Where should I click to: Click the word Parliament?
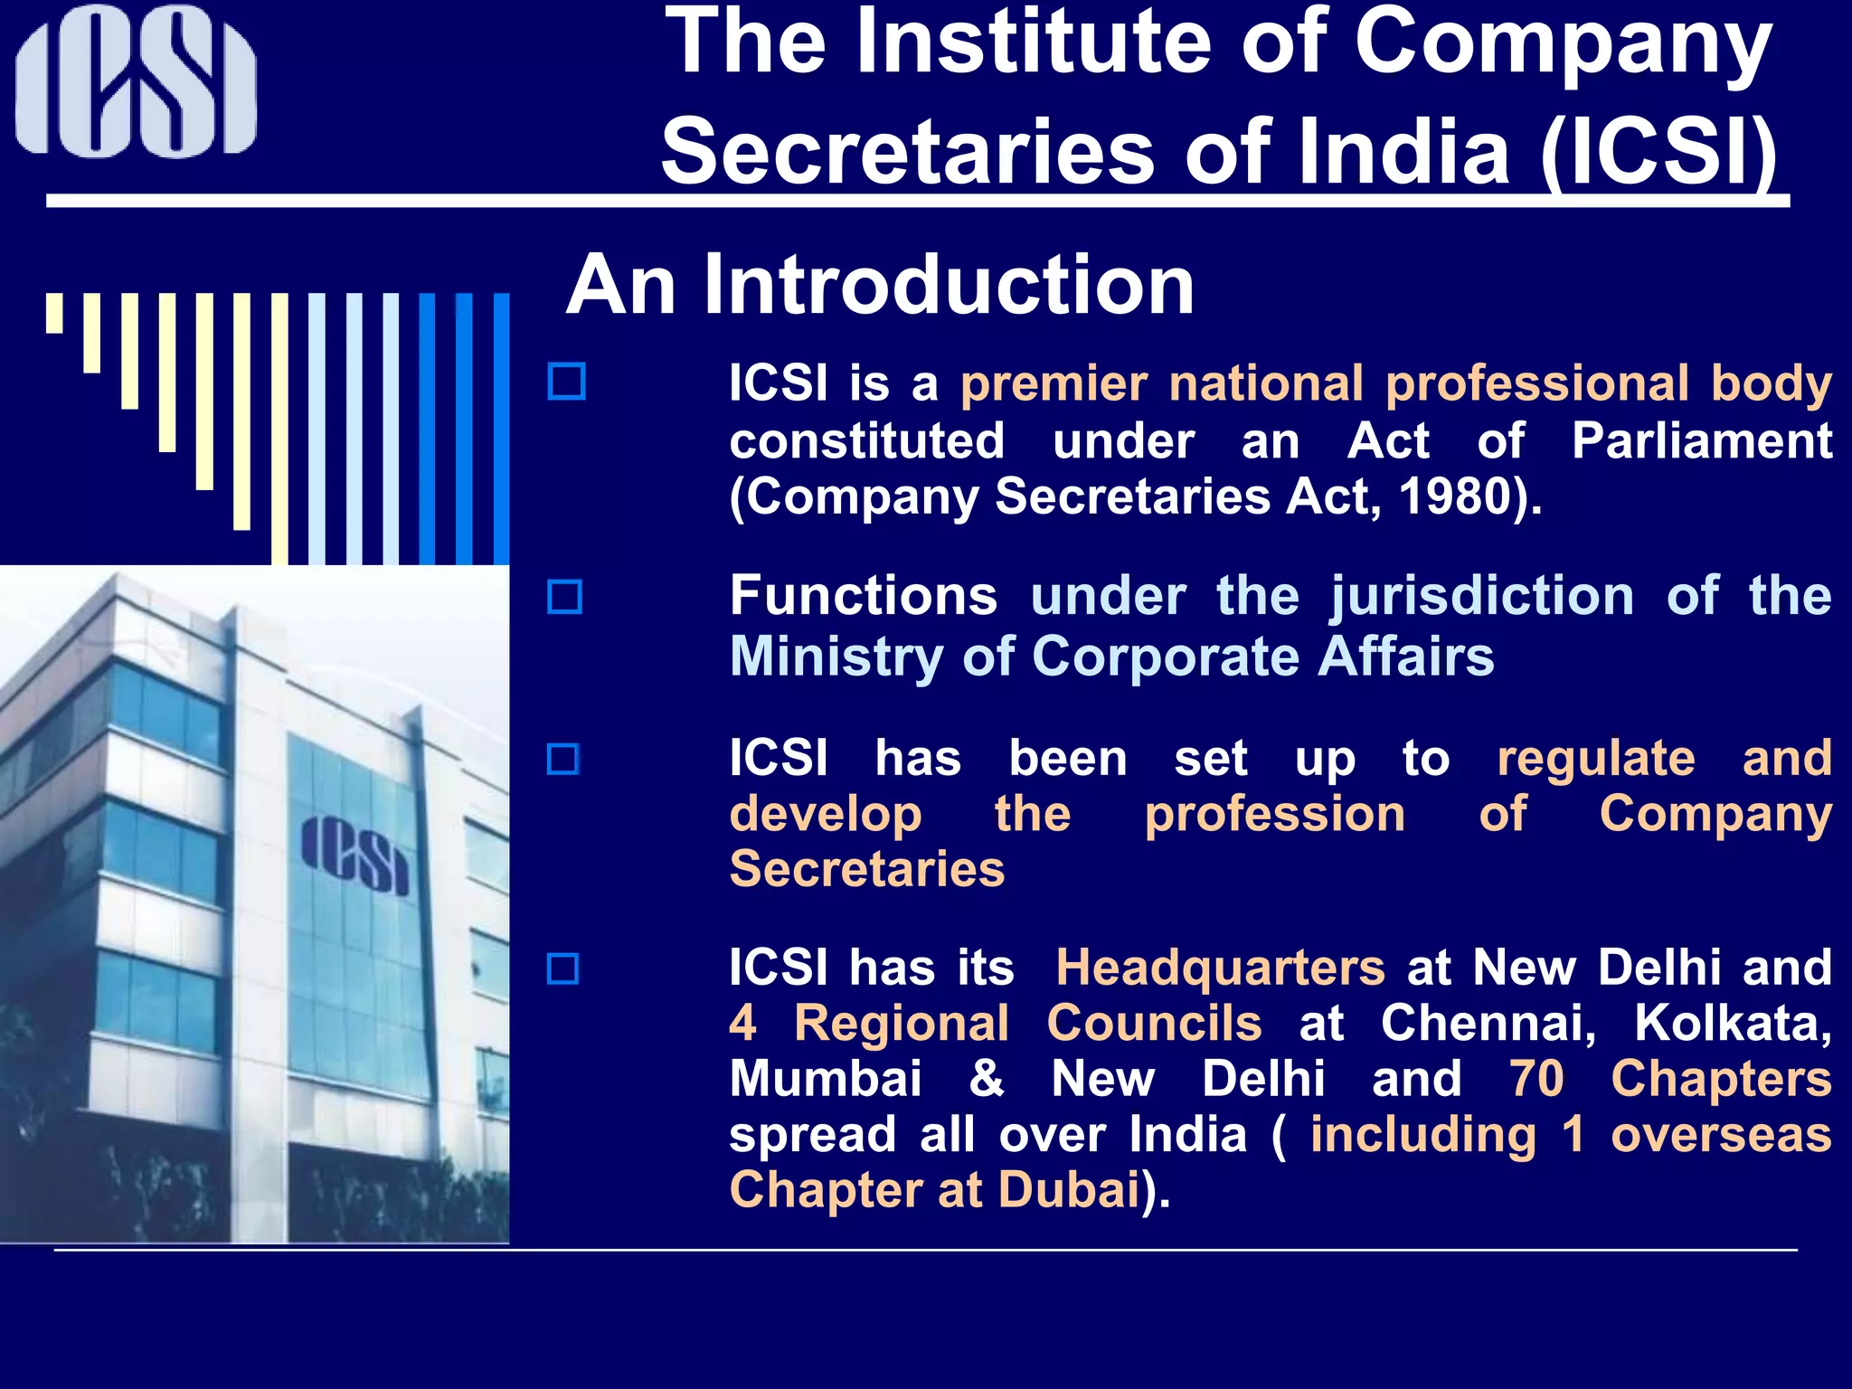[x=1701, y=441]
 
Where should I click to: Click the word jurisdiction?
[x=1481, y=598]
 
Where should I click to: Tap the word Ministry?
[x=836, y=657]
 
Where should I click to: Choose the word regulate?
[x=1595, y=758]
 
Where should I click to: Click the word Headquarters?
[x=1220, y=968]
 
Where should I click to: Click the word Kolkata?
[x=1733, y=1024]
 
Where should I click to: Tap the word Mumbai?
[x=825, y=1079]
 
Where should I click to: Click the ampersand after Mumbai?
[x=987, y=1079]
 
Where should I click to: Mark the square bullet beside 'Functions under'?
[x=565, y=597]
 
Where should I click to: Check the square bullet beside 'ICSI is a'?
[x=567, y=382]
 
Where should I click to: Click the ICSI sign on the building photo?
[x=354, y=854]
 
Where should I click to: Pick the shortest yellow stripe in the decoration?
[x=55, y=313]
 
